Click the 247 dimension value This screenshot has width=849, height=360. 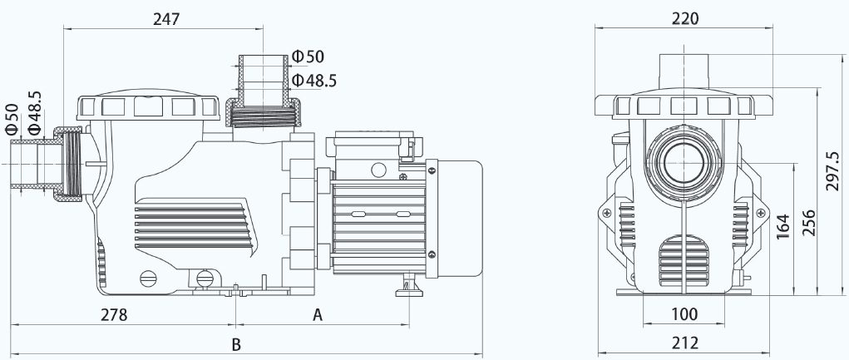coord(165,19)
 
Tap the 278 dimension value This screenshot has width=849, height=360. coord(114,314)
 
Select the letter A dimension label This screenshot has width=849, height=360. coord(318,314)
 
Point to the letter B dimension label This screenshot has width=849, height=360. coord(236,344)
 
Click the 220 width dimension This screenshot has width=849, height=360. coord(685,19)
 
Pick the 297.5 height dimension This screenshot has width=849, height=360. coord(834,170)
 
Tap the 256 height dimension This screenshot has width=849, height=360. coord(808,223)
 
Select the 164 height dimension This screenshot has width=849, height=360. coord(783,227)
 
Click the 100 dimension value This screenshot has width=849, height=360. coord(685,314)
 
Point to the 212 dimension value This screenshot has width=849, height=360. coord(685,343)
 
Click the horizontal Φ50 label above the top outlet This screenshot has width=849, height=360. coord(308,57)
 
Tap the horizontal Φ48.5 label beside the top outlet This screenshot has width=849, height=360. coord(314,81)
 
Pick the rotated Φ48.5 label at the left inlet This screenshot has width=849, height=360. coord(34,112)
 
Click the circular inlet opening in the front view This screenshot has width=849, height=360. coord(684,164)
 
